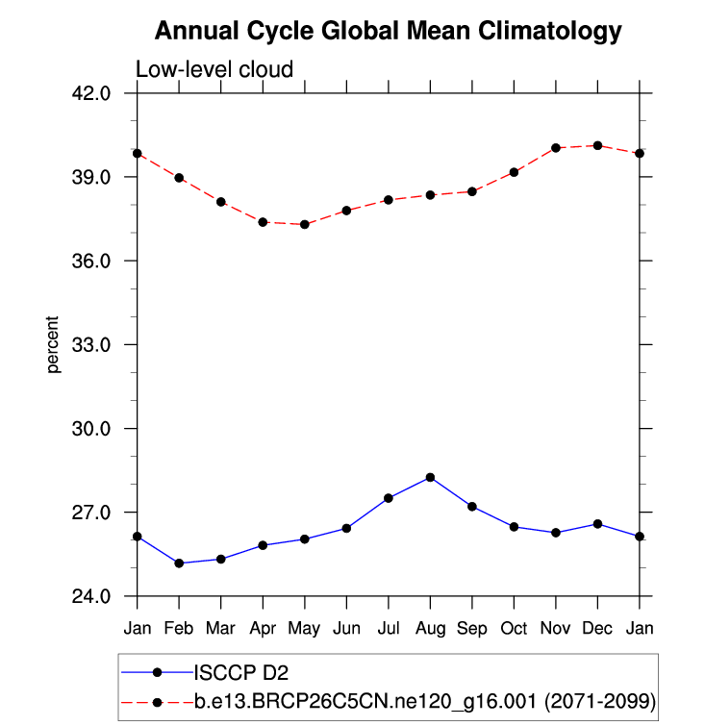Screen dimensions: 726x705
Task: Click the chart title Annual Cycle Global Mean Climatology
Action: (x=389, y=32)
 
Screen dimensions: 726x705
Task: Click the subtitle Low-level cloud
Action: (x=214, y=69)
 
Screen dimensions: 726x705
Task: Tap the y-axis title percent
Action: (x=55, y=344)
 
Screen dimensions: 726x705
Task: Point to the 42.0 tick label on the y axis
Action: (x=94, y=93)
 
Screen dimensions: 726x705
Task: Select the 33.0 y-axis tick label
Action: (x=94, y=344)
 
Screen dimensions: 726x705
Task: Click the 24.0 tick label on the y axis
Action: (x=94, y=596)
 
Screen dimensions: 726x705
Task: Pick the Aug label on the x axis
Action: (x=430, y=628)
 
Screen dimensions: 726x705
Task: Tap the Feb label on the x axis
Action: (x=179, y=628)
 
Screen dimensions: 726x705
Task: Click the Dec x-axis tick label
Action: (x=597, y=628)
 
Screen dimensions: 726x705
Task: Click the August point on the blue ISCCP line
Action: (x=430, y=477)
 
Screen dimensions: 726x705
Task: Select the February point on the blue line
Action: (x=179, y=563)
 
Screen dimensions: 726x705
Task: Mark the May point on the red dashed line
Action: (x=305, y=224)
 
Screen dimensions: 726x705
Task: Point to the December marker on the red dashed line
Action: (x=597, y=145)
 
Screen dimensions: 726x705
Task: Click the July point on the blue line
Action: (x=389, y=498)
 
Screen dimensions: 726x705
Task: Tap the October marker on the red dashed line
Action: (x=514, y=172)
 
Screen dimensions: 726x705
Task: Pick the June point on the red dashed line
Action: (x=346, y=210)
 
